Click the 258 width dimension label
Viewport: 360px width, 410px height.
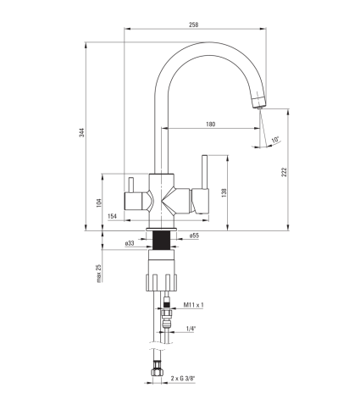click(x=194, y=25)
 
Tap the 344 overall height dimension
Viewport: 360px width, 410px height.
click(x=81, y=132)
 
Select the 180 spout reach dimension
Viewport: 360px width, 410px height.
click(x=211, y=125)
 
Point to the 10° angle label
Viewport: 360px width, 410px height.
click(x=275, y=140)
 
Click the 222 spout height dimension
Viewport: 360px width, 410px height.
click(x=284, y=172)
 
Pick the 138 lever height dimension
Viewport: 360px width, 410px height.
click(x=224, y=192)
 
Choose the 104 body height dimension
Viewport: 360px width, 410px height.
click(x=99, y=202)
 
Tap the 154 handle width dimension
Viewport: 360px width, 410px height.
click(x=112, y=216)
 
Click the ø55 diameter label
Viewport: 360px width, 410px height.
click(x=194, y=235)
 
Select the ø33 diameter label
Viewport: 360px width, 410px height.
click(x=130, y=243)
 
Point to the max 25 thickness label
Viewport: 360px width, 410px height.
click(x=99, y=273)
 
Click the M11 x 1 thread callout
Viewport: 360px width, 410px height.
click(x=193, y=305)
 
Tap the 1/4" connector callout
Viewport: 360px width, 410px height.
click(x=191, y=329)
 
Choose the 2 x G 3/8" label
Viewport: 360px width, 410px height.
click(x=183, y=379)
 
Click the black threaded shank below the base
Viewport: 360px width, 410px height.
click(x=161, y=240)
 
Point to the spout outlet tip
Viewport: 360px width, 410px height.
click(x=260, y=107)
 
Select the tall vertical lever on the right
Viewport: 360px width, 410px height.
click(x=204, y=171)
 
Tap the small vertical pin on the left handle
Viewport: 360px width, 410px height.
click(x=131, y=185)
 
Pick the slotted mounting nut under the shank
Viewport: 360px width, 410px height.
click(x=161, y=282)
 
